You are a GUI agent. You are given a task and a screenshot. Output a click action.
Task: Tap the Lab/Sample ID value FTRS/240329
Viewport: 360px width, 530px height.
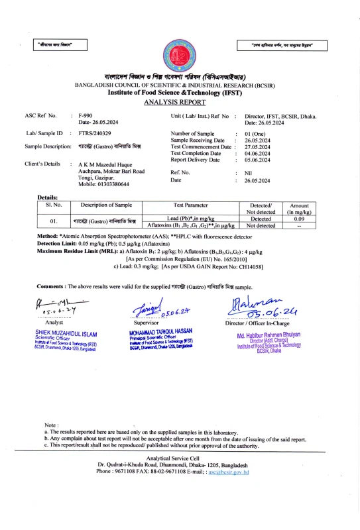95,133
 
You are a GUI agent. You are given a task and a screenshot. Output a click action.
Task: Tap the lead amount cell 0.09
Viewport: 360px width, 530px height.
298,218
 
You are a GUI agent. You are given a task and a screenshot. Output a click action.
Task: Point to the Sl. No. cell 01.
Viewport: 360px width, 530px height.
55,221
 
